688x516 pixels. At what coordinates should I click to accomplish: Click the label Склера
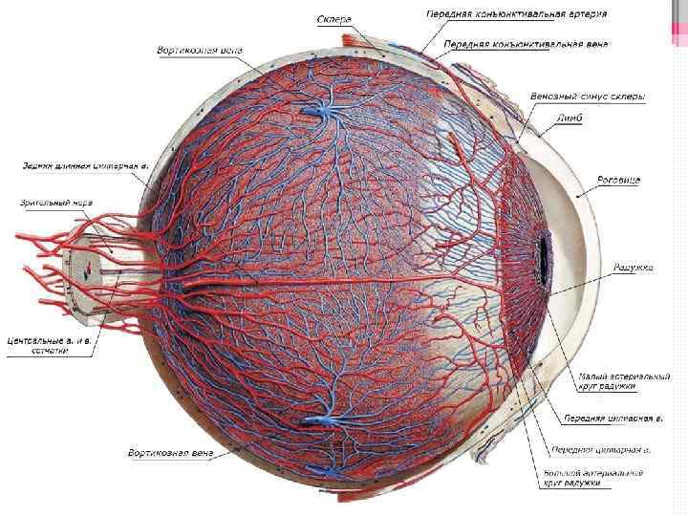(x=334, y=18)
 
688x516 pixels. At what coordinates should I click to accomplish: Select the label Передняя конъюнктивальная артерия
(x=515, y=14)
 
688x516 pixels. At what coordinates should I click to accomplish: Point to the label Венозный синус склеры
(x=588, y=97)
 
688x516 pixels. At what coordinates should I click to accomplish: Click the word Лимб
(x=571, y=118)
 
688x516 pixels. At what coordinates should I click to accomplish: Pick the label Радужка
(x=633, y=268)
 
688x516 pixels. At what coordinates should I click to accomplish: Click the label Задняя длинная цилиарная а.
(x=86, y=165)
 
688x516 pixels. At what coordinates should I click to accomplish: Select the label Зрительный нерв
(x=56, y=203)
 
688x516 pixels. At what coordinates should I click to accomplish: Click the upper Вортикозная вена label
(x=201, y=50)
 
